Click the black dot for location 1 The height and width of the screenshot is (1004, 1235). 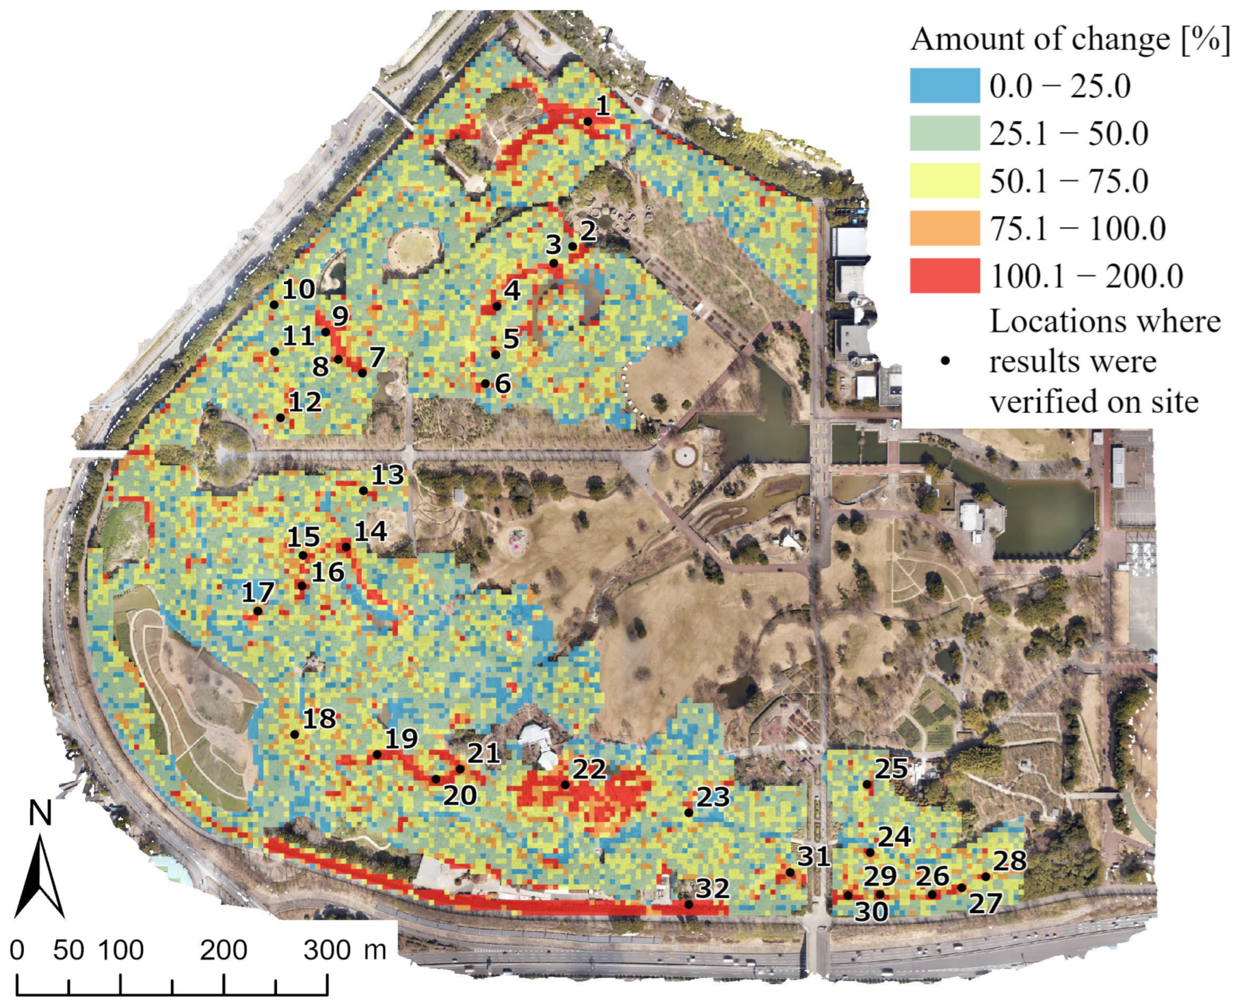point(587,122)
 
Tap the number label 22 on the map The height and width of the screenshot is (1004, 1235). point(590,769)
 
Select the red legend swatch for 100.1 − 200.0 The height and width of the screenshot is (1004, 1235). point(944,276)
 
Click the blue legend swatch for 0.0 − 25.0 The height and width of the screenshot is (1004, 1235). point(944,85)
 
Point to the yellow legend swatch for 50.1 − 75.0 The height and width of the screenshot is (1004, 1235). point(944,181)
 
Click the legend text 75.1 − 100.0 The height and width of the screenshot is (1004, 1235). point(1077,229)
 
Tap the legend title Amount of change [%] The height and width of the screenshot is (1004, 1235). point(1070,39)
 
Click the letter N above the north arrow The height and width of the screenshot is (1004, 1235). point(41,812)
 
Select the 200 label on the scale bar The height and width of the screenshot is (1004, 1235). point(223,950)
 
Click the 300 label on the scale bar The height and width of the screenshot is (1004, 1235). point(328,950)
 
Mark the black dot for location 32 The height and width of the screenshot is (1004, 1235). point(689,905)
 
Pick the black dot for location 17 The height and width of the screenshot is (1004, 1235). point(258,611)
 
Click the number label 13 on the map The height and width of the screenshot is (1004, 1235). point(388,476)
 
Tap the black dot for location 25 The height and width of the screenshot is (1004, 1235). point(866,784)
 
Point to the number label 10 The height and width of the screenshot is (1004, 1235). point(299,289)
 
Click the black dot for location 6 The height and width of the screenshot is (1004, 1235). point(485,384)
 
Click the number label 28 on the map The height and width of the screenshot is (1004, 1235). point(1010,861)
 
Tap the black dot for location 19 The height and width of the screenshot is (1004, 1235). point(377,755)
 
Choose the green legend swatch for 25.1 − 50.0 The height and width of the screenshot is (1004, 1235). point(944,133)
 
